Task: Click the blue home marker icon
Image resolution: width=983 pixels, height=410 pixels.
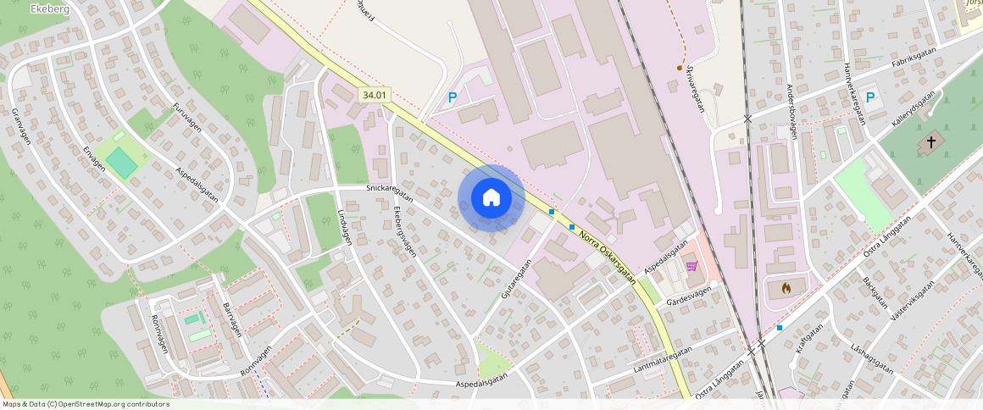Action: [x=491, y=198]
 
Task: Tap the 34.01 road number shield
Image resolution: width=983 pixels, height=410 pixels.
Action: [x=374, y=96]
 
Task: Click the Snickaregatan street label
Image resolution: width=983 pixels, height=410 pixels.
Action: [x=389, y=191]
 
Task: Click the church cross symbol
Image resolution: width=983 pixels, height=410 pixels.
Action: [x=932, y=142]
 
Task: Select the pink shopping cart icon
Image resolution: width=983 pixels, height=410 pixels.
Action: [x=691, y=266]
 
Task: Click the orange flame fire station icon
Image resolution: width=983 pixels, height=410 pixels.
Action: [x=786, y=288]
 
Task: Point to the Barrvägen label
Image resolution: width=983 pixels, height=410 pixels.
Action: [x=232, y=319]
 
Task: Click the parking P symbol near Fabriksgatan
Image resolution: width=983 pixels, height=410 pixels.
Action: [x=870, y=97]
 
